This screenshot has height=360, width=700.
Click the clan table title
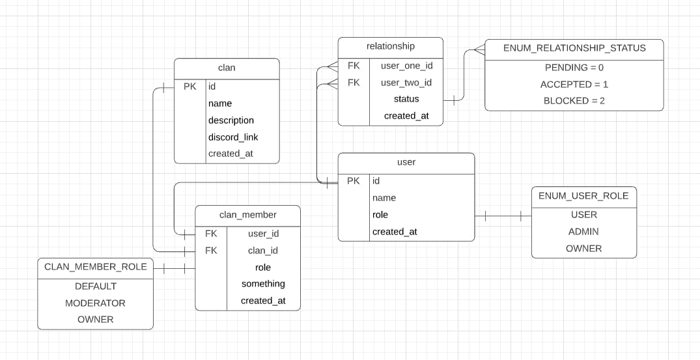(x=227, y=68)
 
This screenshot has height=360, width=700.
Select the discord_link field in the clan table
(x=233, y=137)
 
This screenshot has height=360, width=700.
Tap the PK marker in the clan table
(x=189, y=87)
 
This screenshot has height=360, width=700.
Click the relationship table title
(x=390, y=46)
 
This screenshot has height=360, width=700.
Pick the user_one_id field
(x=406, y=66)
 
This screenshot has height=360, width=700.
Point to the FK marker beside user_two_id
(x=354, y=83)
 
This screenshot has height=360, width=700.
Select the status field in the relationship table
(x=406, y=99)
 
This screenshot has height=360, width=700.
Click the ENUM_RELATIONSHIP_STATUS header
(x=574, y=48)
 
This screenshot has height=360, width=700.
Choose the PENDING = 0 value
(x=574, y=68)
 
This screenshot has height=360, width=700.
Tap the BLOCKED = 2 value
(x=574, y=101)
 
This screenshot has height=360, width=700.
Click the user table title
(x=406, y=162)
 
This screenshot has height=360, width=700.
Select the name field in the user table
(x=384, y=198)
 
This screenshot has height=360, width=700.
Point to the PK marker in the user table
(x=354, y=181)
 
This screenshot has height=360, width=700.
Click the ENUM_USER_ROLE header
(x=583, y=196)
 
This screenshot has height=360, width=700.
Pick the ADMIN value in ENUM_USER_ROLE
(x=583, y=232)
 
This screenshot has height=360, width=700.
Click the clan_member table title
(x=247, y=215)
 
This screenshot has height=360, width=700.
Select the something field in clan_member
(x=263, y=284)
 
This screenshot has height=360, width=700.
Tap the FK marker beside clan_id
(x=211, y=251)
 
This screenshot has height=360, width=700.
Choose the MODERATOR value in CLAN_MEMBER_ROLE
(x=95, y=303)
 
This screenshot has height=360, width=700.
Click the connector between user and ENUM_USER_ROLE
(x=503, y=215)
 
